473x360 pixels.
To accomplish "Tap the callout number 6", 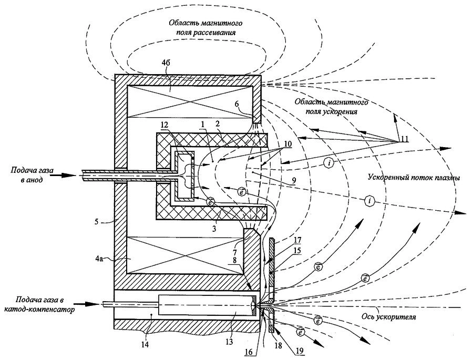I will [x=236, y=105].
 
